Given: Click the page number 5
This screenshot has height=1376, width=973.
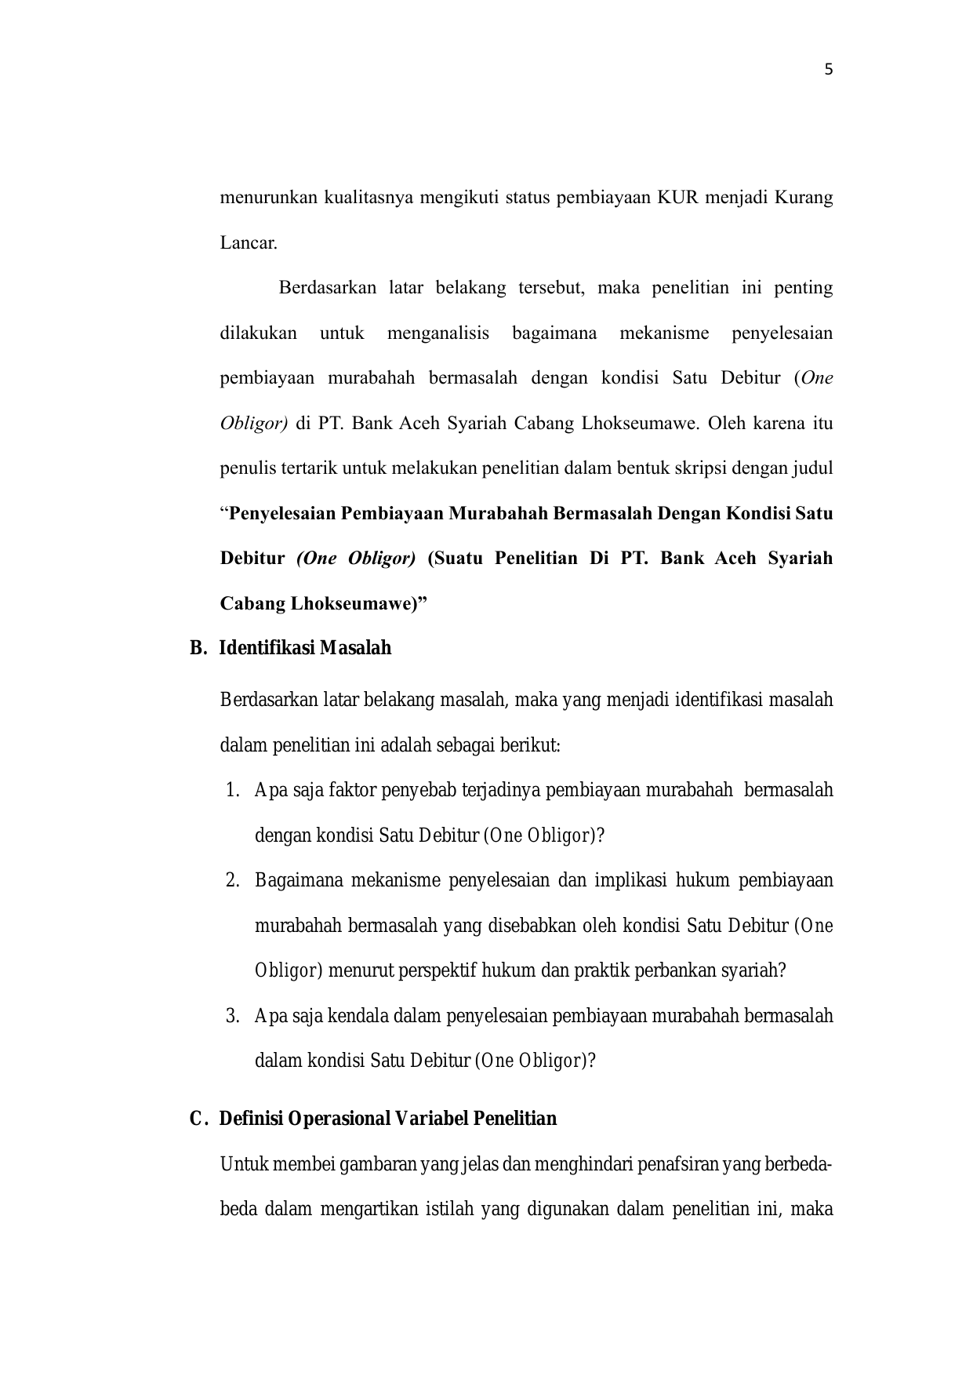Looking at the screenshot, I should coord(829,70).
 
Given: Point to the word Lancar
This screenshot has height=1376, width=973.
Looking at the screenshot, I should coord(249,242).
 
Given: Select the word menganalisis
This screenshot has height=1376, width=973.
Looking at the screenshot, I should coord(437,333).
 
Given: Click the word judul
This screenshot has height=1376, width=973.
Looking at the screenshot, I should coord(813,469).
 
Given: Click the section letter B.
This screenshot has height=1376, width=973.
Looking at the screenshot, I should coord(197,649).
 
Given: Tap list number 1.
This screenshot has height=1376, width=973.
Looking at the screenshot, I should coord(232,790).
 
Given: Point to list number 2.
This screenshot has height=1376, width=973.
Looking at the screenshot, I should coord(232,880).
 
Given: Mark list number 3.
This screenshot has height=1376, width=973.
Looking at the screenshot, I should coord(232,1016).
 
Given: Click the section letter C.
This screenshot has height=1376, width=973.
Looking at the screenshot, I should coord(198,1118).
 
